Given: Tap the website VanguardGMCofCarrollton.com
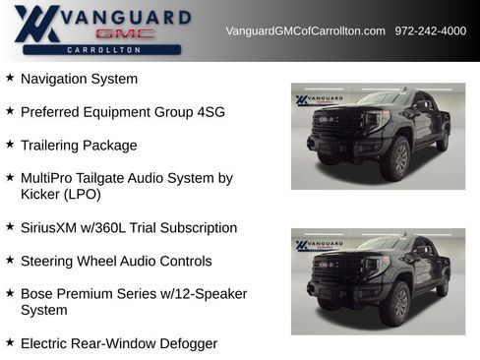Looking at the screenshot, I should pyautogui.click(x=305, y=30).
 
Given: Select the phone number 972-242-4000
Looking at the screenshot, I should pyautogui.click(x=431, y=30).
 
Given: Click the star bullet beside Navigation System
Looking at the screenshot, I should pyautogui.click(x=10, y=78).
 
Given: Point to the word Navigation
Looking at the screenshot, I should pyautogui.click(x=56, y=79).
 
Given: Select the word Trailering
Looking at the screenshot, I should pyautogui.click(x=54, y=146).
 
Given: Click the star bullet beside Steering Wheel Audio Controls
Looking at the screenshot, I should pyautogui.click(x=10, y=261).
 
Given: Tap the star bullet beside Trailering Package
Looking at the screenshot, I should pyautogui.click(x=10, y=145).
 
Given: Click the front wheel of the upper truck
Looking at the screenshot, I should pyautogui.click(x=396, y=160).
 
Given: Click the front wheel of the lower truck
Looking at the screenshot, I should pyautogui.click(x=396, y=306).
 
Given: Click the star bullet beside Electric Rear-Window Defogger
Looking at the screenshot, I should pyautogui.click(x=10, y=343).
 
